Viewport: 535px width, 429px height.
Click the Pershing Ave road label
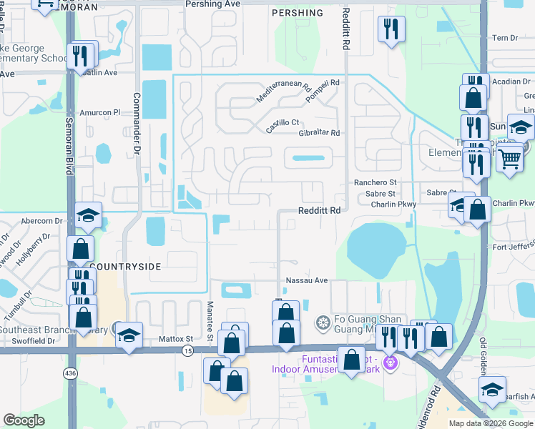click(212, 4)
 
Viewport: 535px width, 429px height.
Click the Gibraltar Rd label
click(313, 133)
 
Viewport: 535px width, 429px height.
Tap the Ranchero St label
click(375, 183)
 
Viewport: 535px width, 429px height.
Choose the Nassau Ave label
click(306, 280)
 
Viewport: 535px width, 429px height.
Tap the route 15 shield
click(187, 350)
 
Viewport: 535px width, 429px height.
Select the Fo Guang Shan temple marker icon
click(323, 323)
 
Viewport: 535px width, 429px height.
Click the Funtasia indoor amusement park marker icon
click(390, 363)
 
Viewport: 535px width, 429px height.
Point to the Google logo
click(24, 420)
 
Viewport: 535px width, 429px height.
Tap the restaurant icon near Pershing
click(391, 29)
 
